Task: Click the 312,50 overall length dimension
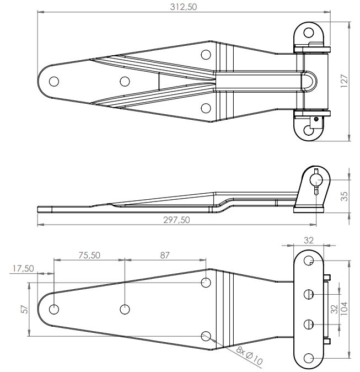(x=184, y=7)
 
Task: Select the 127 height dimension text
(x=344, y=81)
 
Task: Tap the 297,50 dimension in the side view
(x=176, y=220)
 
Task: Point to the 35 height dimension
(x=345, y=196)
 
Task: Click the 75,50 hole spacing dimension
(x=89, y=255)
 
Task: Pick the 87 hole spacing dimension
(x=165, y=255)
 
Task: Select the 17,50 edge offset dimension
(x=23, y=268)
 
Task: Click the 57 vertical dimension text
(x=25, y=310)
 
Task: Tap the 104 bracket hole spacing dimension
(x=344, y=309)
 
